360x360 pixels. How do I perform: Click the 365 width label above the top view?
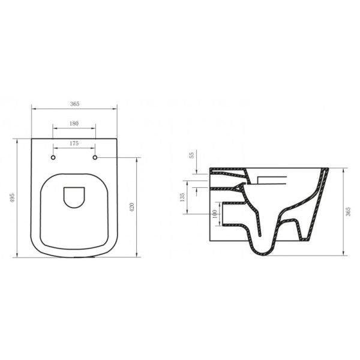[74, 104]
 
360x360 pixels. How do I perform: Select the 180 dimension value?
[74, 123]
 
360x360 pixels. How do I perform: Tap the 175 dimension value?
[74, 143]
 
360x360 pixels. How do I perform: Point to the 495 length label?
[12, 198]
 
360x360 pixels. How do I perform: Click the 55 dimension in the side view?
[192, 155]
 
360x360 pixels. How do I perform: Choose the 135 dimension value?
[182, 197]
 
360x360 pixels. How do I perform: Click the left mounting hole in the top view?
[53, 158]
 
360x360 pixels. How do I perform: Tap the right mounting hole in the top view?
[95, 158]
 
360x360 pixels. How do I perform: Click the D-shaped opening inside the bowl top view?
[74, 197]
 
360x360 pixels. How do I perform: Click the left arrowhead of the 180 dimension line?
[55, 127]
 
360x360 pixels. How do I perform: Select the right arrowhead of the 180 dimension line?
[94, 127]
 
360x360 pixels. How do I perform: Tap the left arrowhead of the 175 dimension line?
[55, 148]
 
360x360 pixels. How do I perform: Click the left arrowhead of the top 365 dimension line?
[33, 109]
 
